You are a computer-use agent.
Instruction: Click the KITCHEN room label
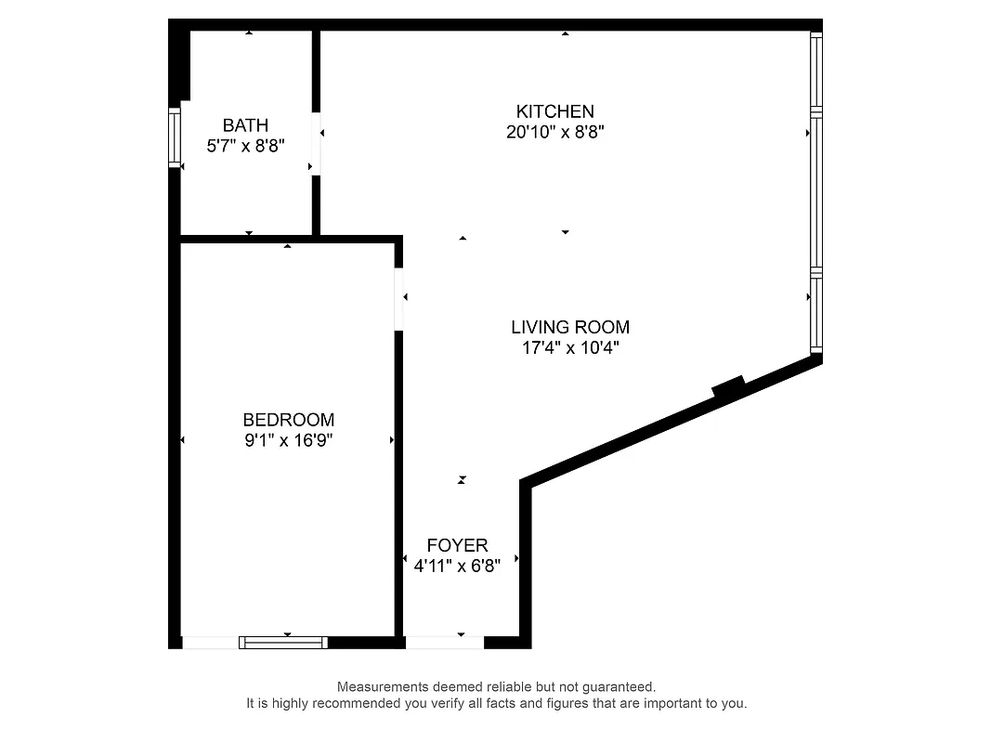(555, 111)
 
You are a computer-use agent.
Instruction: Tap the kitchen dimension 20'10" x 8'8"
(555, 132)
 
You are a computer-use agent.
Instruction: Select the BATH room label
(245, 125)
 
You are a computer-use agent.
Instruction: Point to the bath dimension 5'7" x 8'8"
(245, 146)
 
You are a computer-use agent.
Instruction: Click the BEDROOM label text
(288, 420)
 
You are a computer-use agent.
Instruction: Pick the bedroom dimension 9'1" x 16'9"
(288, 440)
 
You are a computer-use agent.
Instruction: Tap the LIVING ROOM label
(570, 327)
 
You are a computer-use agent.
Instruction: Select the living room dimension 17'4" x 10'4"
(570, 348)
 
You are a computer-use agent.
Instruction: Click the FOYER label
(457, 545)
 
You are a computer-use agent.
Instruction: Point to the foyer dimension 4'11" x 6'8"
(457, 566)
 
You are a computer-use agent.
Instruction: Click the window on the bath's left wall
(174, 137)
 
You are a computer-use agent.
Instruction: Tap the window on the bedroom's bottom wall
(283, 642)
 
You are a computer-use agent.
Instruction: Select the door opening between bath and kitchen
(316, 143)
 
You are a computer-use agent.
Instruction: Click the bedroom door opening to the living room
(398, 298)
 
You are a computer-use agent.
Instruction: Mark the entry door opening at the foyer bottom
(445, 642)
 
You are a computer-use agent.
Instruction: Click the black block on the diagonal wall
(729, 385)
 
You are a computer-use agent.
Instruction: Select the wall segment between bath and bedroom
(246, 239)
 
